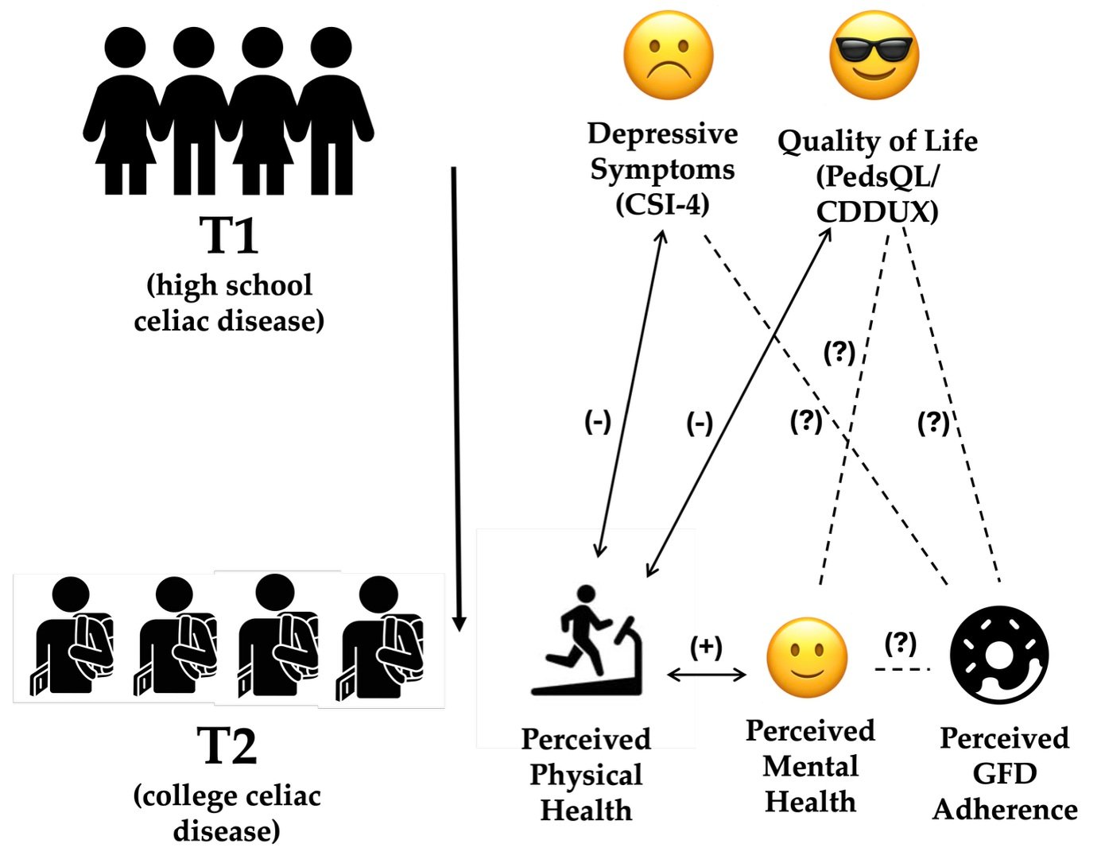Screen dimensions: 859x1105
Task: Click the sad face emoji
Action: [x=668, y=56]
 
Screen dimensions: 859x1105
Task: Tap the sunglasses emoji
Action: [x=874, y=56]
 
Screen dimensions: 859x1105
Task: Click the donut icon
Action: [x=1000, y=656]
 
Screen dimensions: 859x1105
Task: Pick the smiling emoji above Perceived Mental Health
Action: [x=807, y=658]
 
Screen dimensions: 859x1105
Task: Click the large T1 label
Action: [x=229, y=236]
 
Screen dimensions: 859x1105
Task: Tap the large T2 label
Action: [x=227, y=746]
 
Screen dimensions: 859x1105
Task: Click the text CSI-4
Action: [x=662, y=204]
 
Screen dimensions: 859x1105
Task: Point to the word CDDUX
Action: [x=877, y=212]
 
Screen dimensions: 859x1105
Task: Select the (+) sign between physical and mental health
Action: [x=706, y=647]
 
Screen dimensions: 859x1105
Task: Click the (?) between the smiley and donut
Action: [x=901, y=642]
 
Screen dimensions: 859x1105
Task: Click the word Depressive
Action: [x=662, y=133]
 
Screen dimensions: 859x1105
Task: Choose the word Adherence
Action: [x=1005, y=809]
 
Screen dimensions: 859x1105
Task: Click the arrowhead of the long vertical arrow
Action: [x=459, y=623]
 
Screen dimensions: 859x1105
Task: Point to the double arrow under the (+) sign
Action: [x=706, y=675]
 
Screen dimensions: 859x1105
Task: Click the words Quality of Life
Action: [x=877, y=141]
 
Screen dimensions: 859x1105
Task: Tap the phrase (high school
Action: [x=230, y=285]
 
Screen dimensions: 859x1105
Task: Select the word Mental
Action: [x=810, y=766]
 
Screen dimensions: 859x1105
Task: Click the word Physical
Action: [x=586, y=775]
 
